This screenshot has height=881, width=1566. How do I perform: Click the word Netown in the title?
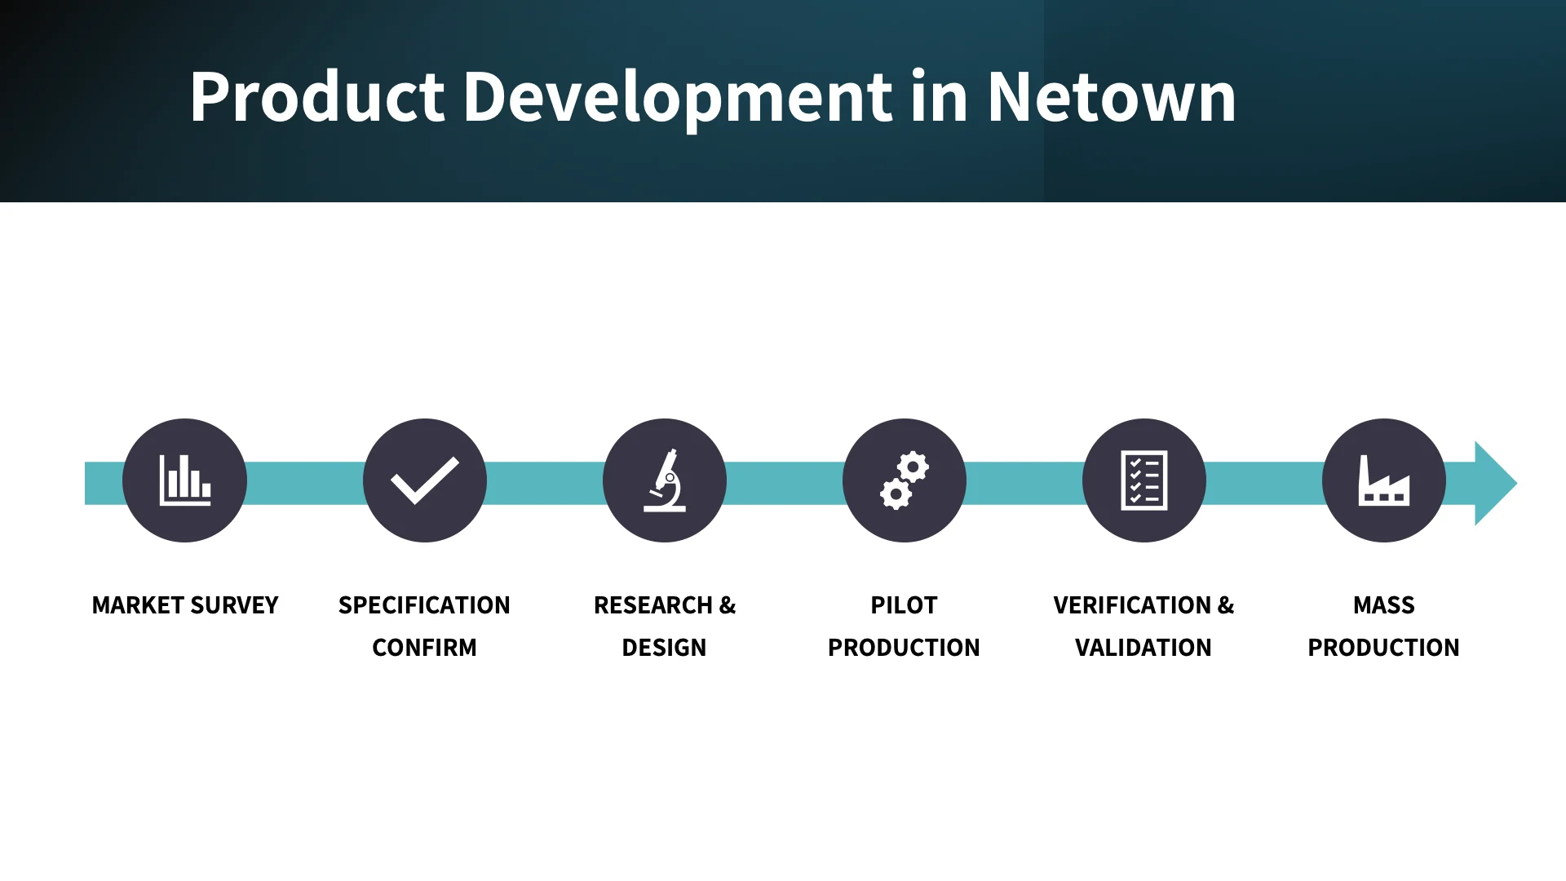(1111, 97)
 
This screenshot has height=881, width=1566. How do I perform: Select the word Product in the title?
(316, 97)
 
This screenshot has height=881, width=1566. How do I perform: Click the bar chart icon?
(185, 480)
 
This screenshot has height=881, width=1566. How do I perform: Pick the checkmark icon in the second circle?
(424, 480)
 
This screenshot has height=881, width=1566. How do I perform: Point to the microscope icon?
(665, 480)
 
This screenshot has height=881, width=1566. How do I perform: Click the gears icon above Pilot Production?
(904, 480)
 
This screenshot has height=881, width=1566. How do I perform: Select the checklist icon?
(1144, 480)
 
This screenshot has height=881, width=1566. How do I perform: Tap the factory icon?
(1383, 480)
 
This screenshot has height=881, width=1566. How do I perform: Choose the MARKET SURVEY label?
(185, 605)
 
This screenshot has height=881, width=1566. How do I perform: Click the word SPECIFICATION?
(424, 605)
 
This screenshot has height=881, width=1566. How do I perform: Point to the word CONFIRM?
(424, 648)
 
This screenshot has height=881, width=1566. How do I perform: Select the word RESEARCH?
(652, 605)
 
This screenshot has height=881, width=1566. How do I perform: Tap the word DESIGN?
(664, 648)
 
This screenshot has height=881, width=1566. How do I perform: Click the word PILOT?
(904, 605)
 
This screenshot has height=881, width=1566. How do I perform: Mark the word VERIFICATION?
(1132, 605)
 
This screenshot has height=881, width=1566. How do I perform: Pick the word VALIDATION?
(1144, 648)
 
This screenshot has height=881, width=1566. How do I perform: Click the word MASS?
(1383, 605)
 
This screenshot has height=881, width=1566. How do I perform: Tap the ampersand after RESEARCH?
(728, 605)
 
